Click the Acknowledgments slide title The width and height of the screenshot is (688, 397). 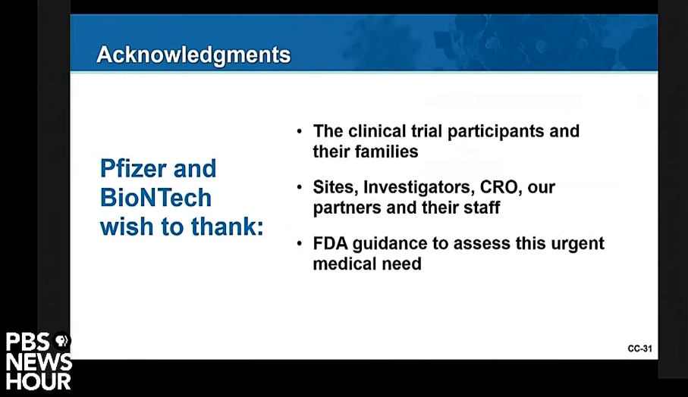(x=193, y=55)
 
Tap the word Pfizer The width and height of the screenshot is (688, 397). (x=134, y=169)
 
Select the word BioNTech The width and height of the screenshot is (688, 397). (x=156, y=198)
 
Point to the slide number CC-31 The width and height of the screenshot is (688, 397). (x=639, y=349)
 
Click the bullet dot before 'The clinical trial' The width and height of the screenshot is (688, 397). (x=299, y=132)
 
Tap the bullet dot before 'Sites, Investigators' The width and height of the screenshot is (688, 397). (x=299, y=188)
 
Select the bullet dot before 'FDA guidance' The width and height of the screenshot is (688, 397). (x=299, y=244)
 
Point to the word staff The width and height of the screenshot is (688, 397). (x=482, y=208)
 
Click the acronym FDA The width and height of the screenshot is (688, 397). (x=330, y=244)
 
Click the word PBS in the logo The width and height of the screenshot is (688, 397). (x=27, y=342)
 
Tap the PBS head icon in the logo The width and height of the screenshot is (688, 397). (x=61, y=340)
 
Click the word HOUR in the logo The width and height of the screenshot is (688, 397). (x=39, y=381)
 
